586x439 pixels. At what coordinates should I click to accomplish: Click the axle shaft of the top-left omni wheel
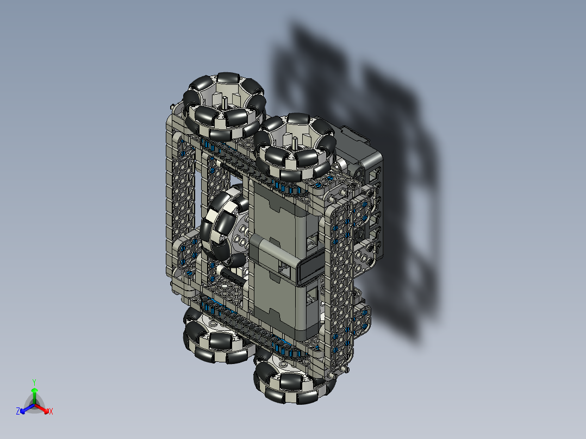225,102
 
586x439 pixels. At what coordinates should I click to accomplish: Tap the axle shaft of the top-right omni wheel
294,142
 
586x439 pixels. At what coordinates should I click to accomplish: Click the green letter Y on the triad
34,382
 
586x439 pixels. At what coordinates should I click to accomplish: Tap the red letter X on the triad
51,412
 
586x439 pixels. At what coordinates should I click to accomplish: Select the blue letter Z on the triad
18,412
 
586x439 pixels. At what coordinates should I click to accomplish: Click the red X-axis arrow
43,409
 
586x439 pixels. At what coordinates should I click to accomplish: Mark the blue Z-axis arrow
25,409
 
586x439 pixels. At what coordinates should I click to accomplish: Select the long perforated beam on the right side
340,283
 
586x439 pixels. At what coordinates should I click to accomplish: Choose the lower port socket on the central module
311,296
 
